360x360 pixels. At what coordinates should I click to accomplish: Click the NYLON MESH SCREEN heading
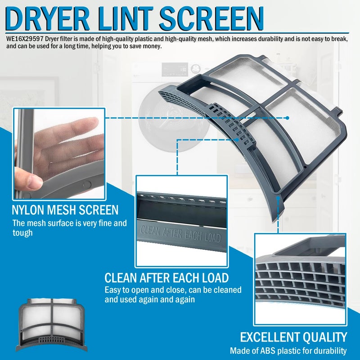66,210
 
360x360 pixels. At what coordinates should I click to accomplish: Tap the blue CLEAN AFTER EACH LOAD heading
166,278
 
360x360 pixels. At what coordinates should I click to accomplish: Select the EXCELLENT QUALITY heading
293,337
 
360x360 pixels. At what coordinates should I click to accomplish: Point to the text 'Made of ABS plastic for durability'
288,351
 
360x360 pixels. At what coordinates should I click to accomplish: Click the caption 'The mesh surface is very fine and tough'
69,227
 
